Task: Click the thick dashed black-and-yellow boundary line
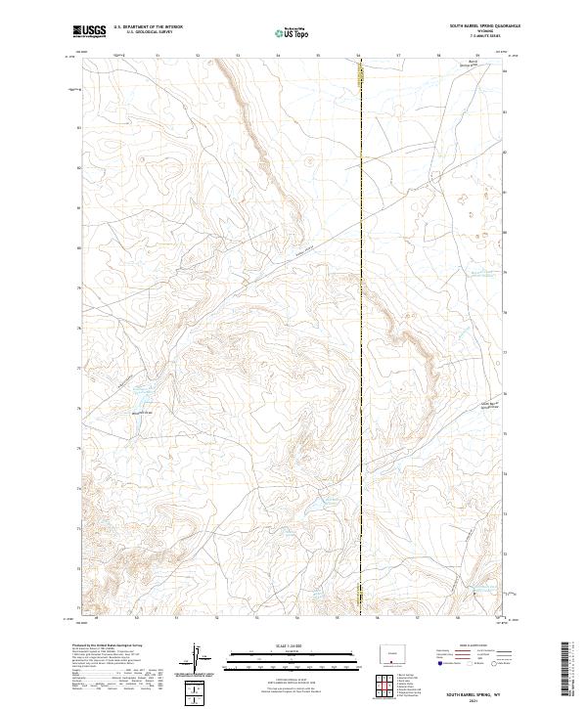tap(361, 293)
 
